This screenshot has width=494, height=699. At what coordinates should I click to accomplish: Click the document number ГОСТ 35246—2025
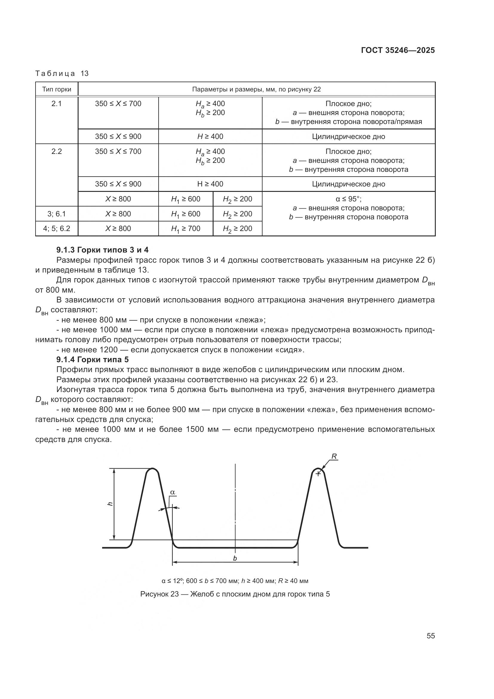coord(398,51)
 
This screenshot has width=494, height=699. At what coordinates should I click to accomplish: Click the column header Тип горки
coord(56,90)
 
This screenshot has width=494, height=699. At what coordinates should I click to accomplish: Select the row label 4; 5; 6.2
coord(56,229)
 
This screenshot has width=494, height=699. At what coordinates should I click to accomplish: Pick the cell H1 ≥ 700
coord(185,229)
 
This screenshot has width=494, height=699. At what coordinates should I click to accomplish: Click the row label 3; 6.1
coord(56,214)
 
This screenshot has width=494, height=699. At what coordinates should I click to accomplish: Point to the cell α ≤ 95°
coord(348,199)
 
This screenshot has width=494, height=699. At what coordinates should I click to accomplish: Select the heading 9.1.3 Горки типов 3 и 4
coord(102,250)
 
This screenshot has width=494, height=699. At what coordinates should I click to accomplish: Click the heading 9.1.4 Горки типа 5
coord(93,360)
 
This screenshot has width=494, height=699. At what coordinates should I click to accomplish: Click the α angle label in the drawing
coord(172,492)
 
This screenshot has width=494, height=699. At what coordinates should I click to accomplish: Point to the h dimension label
coord(110,504)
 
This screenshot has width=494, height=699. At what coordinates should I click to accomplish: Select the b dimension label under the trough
coord(235,558)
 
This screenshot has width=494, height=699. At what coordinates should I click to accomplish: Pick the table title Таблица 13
coord(62,74)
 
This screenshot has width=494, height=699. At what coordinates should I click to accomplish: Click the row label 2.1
coord(56,104)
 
